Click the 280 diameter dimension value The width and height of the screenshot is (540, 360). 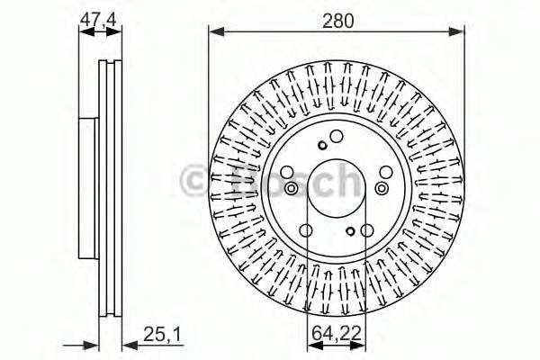click(337, 17)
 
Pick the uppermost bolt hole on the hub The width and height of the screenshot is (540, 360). click(337, 137)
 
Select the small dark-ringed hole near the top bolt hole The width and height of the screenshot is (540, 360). click(321, 146)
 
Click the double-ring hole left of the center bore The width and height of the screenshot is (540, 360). click(291, 187)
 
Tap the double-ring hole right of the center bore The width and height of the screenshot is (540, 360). click(384, 187)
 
